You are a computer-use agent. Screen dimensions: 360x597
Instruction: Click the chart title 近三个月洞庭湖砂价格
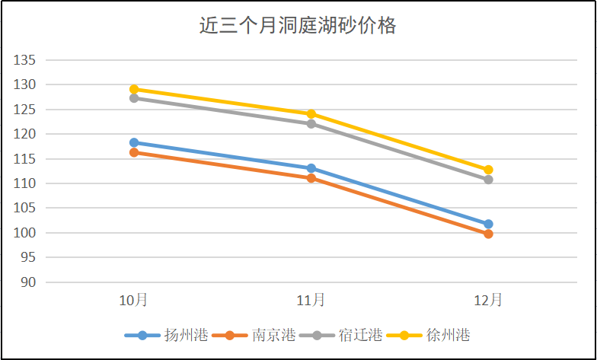pos(298,26)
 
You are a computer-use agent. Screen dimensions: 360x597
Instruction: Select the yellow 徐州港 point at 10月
pos(134,89)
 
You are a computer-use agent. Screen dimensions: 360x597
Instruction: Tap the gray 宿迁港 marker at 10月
pos(134,98)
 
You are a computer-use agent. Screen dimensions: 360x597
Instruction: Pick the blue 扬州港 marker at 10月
pos(134,142)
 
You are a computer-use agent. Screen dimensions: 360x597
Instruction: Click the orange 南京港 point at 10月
pos(134,152)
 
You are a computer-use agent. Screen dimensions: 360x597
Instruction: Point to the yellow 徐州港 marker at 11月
pos(311,114)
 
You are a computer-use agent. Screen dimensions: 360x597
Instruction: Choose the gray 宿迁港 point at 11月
pos(311,123)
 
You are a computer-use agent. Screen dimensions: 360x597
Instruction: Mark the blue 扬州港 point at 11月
pos(311,168)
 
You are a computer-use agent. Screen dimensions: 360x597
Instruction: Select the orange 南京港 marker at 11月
pos(311,178)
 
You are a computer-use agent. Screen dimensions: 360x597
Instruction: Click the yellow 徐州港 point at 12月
pos(488,170)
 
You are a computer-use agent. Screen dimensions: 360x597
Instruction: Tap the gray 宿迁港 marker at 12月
pos(488,180)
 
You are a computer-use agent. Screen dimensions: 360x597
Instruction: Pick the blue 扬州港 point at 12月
pos(488,224)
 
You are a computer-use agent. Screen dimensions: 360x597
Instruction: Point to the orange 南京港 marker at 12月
pos(488,234)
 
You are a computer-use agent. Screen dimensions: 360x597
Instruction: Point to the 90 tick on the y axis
pos(28,282)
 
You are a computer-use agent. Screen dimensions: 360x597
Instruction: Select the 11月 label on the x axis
pos(311,300)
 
